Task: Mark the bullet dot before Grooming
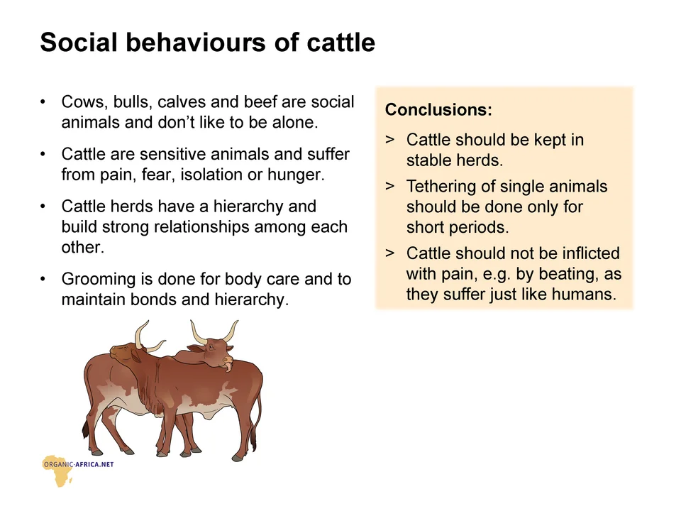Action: tap(43, 278)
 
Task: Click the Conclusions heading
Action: tap(438, 109)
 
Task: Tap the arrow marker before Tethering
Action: tap(389, 186)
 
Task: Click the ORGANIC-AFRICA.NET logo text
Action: tap(79, 464)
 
